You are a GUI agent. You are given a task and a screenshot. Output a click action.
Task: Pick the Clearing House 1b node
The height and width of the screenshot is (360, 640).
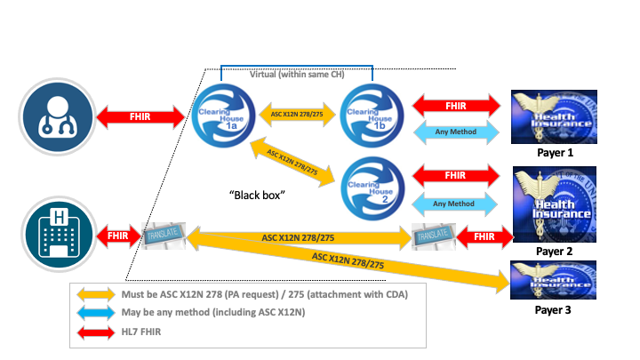(371, 114)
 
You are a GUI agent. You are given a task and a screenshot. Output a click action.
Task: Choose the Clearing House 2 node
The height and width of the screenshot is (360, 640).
(371, 184)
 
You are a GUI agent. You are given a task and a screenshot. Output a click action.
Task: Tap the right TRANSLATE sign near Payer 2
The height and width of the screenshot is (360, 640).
(433, 238)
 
